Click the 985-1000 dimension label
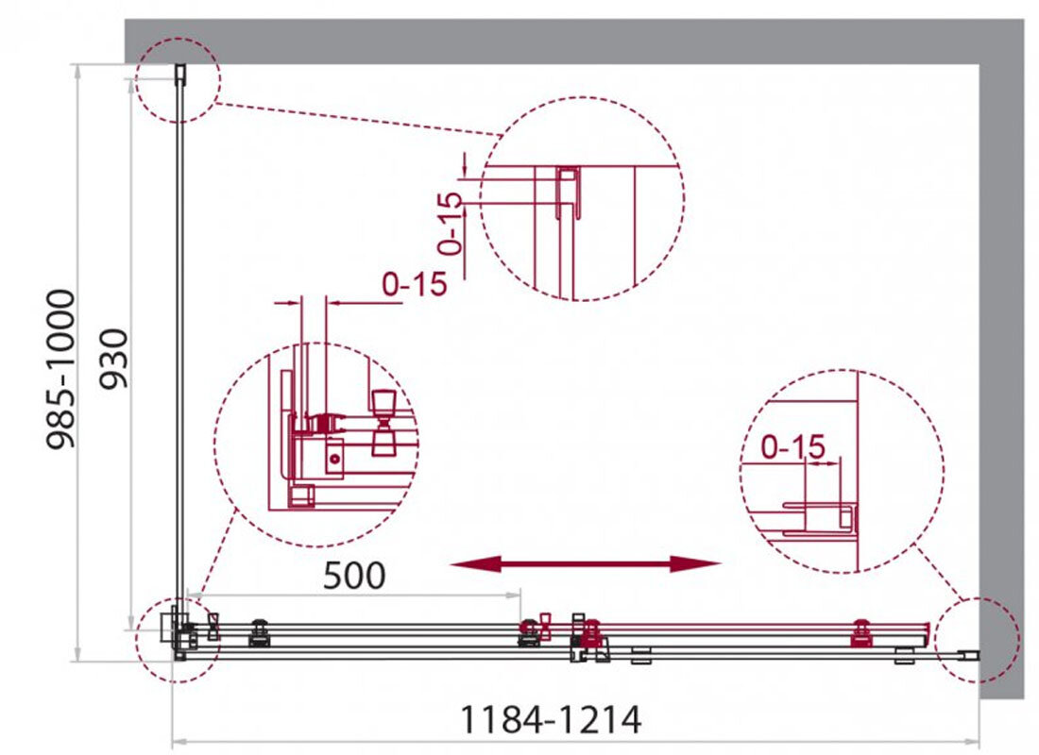(60, 369)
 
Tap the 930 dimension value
(113, 359)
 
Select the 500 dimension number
(354, 575)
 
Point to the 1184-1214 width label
(550, 719)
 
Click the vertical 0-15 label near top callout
(450, 223)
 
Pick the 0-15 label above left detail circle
(415, 283)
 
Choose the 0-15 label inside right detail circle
(793, 447)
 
